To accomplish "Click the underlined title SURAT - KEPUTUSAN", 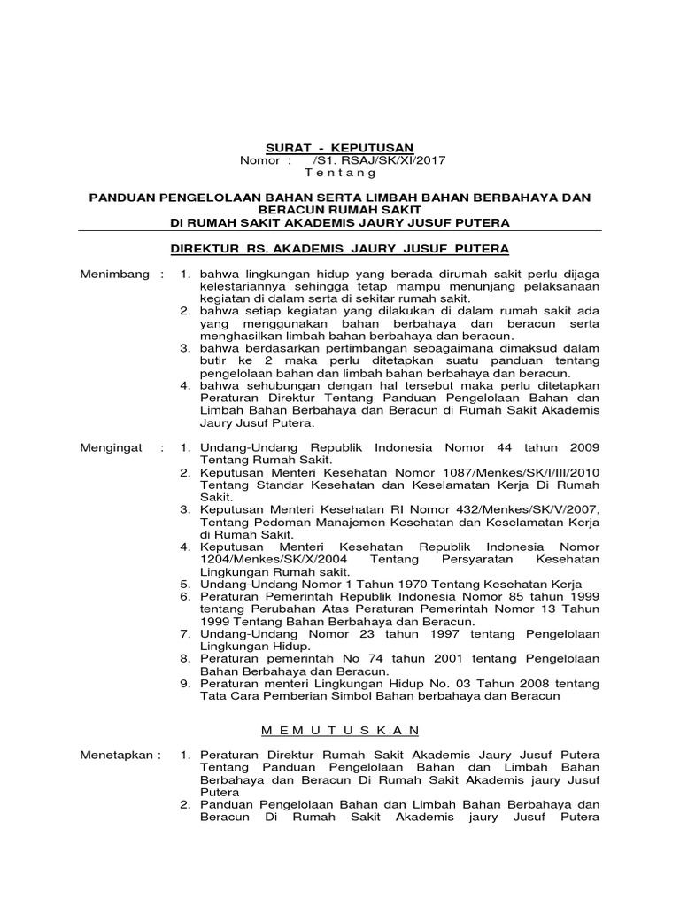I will (x=340, y=147).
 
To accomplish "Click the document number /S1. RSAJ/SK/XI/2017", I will (x=380, y=160).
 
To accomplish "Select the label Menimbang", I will (x=115, y=275).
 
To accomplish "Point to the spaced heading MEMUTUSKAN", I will (x=340, y=729).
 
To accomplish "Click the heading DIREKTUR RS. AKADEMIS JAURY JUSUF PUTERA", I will (x=340, y=250).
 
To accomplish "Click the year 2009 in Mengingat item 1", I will (x=581, y=448).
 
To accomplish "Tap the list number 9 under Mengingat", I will (x=185, y=684).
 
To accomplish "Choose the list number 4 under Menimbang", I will (x=185, y=386).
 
